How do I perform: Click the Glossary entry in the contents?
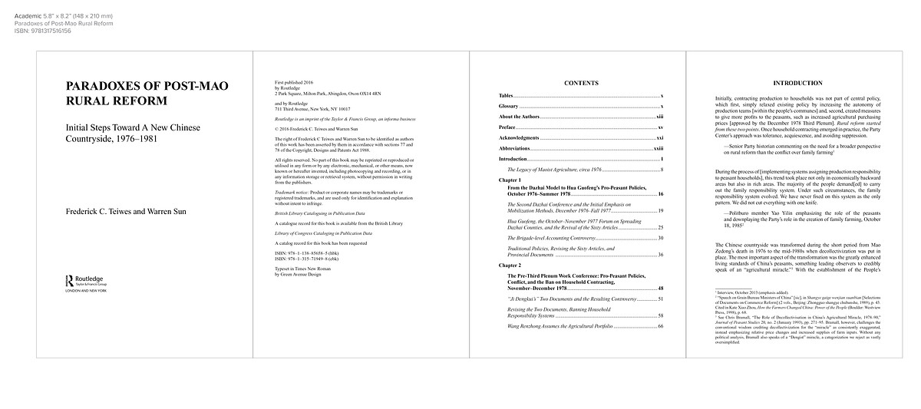[x=509, y=105]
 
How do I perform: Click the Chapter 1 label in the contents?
[x=511, y=178]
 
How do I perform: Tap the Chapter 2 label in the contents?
[x=511, y=264]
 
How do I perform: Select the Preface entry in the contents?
[x=507, y=127]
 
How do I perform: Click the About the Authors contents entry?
[x=520, y=116]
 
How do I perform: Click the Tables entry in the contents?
[x=507, y=94]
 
